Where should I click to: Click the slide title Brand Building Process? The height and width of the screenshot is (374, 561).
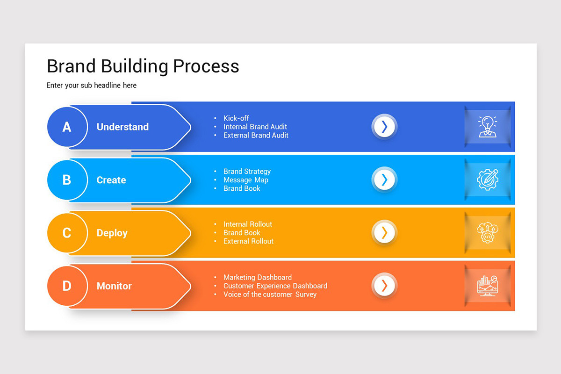pos(143,66)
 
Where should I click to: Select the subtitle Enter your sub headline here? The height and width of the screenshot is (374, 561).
pos(92,86)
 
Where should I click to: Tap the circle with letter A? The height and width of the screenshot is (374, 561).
pos(67,127)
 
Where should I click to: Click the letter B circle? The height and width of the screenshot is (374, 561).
pos(67,180)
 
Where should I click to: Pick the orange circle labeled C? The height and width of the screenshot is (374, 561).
pos(67,233)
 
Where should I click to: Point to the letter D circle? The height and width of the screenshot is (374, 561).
pos(67,286)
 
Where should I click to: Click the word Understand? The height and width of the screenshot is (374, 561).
pos(122,127)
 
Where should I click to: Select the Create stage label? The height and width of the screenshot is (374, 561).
pos(111,180)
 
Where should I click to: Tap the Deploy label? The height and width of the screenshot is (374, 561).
pos(112,233)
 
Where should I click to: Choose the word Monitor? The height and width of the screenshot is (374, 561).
pos(114,286)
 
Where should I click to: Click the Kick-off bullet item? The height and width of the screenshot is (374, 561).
pos(236,118)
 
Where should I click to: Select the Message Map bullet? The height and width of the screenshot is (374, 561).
pos(246,180)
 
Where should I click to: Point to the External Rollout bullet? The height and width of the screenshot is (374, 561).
pos(248,241)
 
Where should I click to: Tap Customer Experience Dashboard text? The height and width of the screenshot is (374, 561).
pos(275,286)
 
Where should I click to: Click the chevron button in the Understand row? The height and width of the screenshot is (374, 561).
pos(384,127)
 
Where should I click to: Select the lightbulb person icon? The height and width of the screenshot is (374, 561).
pos(488,127)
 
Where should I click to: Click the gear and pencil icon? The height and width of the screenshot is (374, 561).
pos(488,180)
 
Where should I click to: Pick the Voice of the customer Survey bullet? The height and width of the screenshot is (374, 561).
pos(270,295)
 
